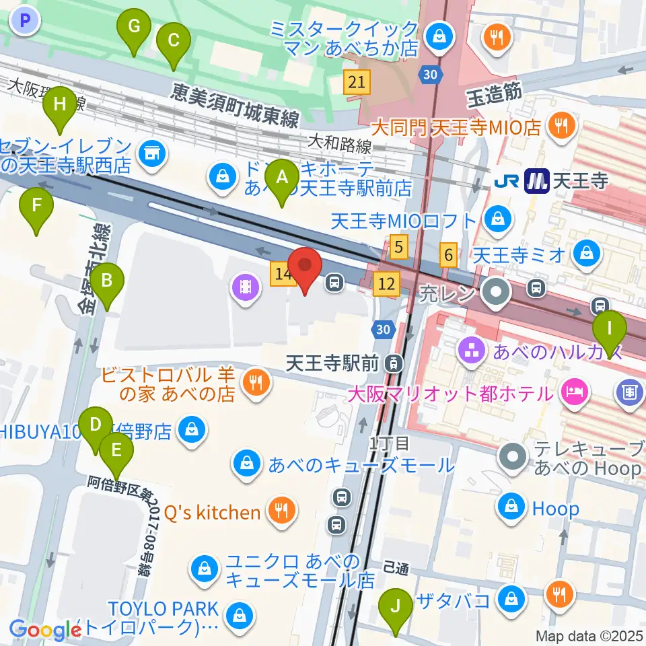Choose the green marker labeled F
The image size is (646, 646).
pyautogui.click(x=36, y=211)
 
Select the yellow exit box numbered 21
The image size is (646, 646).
pyautogui.click(x=357, y=83)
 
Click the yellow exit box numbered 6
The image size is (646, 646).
pyautogui.click(x=449, y=254)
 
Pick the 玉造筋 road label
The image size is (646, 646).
pyautogui.click(x=495, y=94)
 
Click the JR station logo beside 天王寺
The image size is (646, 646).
pyautogui.click(x=505, y=180)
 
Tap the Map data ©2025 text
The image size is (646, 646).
pyautogui.click(x=589, y=635)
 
